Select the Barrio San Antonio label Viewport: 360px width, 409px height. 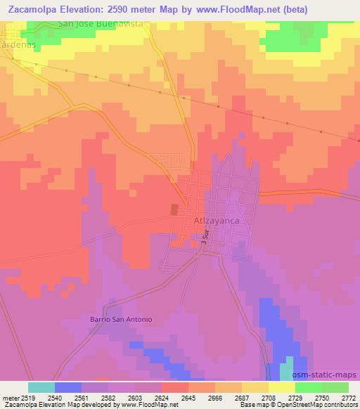[x=120, y=318]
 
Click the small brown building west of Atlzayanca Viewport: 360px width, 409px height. [x=174, y=209]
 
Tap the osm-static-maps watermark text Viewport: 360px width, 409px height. [x=330, y=375]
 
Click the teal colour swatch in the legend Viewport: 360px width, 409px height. [x=41, y=387]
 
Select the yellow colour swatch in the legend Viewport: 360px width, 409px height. [x=282, y=387]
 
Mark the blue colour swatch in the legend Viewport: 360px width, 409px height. [x=68, y=387]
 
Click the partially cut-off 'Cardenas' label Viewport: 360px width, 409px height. [x=18, y=42]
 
